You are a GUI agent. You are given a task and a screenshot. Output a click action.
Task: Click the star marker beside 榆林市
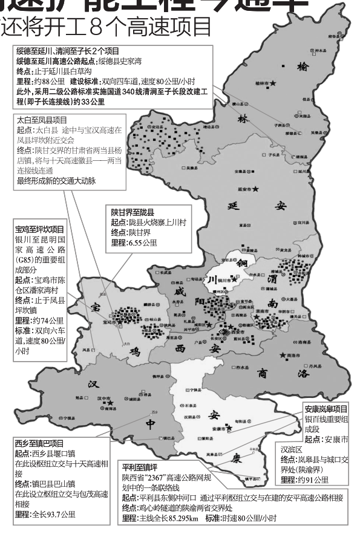coord(273,82)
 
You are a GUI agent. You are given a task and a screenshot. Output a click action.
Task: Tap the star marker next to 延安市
coord(257,189)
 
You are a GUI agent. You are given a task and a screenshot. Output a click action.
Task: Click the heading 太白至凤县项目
coord(42,120)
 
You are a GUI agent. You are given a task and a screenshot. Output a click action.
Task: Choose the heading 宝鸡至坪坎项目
coord(39,230)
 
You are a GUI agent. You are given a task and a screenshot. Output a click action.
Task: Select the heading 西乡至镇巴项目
coord(39,443)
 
